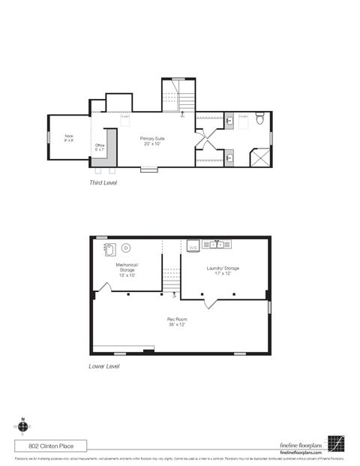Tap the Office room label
click(100, 147)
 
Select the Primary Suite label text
click(152, 140)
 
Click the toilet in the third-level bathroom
click(259, 118)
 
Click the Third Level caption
click(103, 182)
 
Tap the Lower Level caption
click(103, 367)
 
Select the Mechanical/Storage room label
click(127, 269)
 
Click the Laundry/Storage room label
click(223, 270)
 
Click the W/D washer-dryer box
click(193, 245)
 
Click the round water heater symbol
click(127, 247)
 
